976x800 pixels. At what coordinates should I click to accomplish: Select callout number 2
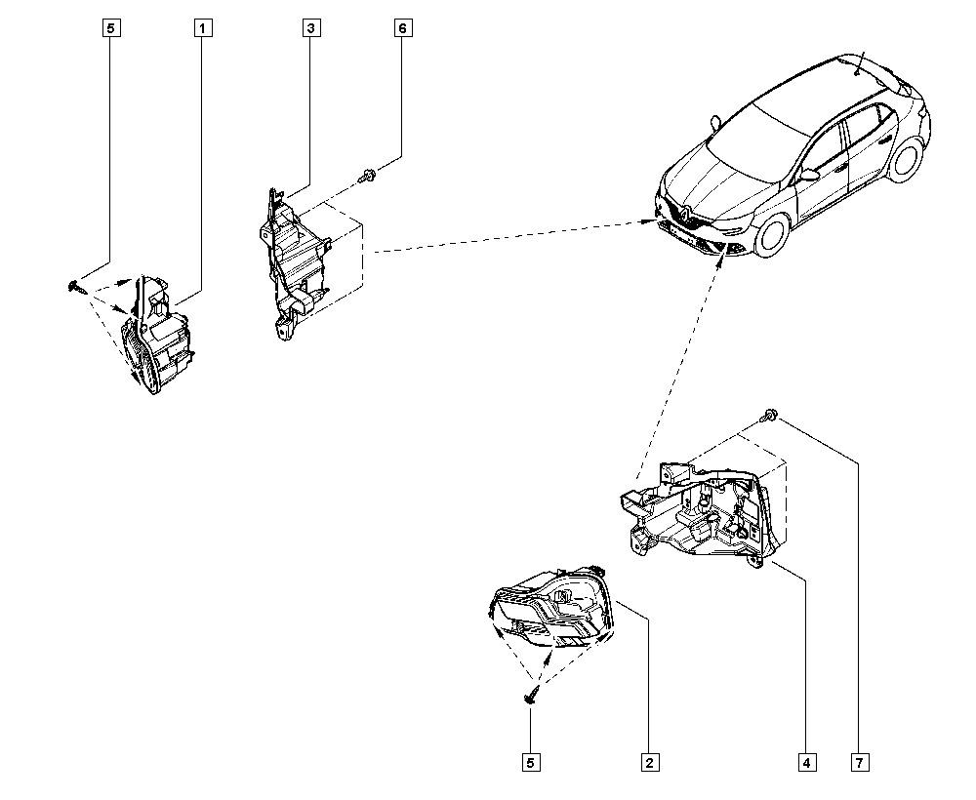point(646,762)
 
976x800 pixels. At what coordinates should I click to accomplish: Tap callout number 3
point(309,28)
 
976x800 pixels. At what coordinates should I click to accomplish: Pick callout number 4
point(806,762)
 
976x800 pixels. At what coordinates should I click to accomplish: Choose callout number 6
point(402,28)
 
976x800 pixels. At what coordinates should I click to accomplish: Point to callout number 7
point(859,762)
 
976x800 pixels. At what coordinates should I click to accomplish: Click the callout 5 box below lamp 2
point(530,762)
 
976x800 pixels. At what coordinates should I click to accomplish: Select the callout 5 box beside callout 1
point(109,28)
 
